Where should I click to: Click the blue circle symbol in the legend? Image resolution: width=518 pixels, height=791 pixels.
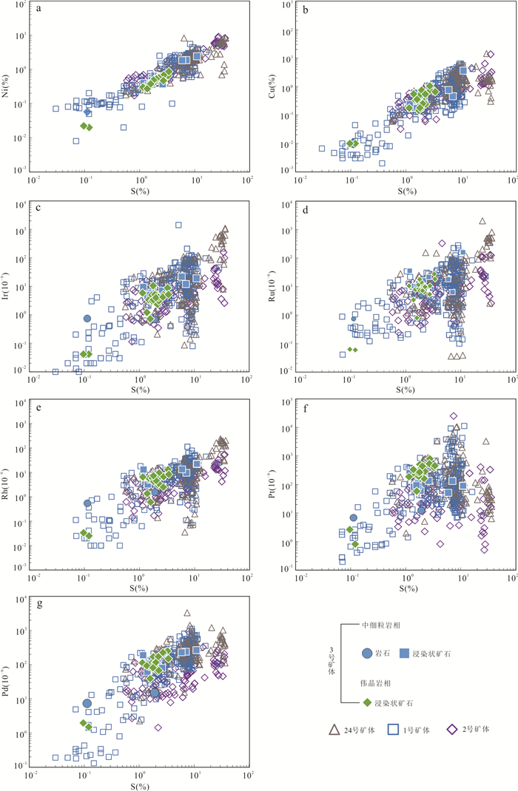[x=367, y=653]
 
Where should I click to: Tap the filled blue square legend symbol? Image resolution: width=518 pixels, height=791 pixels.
[x=404, y=653]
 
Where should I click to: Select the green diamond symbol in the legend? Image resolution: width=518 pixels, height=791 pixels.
[x=367, y=702]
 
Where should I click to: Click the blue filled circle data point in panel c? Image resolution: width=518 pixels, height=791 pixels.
[x=87, y=319]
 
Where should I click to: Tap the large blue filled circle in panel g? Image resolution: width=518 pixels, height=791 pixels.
[x=87, y=703]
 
